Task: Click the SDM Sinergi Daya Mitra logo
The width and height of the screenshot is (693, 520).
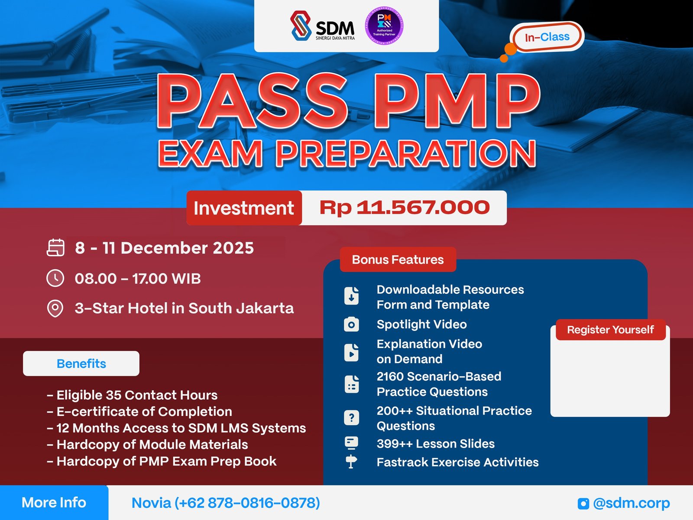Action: point(323,26)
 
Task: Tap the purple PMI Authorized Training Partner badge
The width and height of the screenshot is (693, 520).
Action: point(384,26)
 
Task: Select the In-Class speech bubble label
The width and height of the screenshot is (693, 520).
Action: point(547,37)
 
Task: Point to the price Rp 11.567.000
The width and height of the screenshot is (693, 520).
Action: point(405,208)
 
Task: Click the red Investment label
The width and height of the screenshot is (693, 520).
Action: point(244,208)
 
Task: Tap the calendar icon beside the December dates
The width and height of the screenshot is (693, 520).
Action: point(55,248)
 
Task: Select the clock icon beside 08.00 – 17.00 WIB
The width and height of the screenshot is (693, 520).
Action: point(55,278)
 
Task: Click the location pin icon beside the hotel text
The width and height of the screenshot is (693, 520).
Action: point(55,309)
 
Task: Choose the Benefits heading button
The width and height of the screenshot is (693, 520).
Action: point(81,364)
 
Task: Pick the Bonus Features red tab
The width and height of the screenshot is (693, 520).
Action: point(398,260)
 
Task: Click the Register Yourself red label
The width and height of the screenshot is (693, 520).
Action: point(610,330)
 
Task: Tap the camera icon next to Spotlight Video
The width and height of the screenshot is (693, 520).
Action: point(351,325)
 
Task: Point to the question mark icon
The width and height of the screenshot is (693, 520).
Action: point(351,418)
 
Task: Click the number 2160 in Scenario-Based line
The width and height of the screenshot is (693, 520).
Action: point(390,376)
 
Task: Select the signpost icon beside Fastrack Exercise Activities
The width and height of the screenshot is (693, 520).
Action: point(351,462)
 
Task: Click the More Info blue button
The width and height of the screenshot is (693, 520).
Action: point(54,503)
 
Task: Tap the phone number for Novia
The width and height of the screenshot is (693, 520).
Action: point(247,503)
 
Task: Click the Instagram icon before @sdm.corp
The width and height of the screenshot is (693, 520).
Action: point(583,503)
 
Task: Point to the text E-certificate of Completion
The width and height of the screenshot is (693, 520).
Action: point(144,412)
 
